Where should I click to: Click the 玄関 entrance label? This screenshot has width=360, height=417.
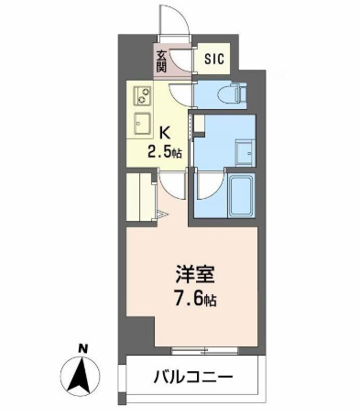161,61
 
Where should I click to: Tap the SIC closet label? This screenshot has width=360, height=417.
213,60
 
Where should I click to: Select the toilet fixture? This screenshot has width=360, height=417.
230,93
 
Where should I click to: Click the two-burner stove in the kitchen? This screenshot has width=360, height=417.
143,94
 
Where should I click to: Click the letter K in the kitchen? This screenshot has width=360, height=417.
167,131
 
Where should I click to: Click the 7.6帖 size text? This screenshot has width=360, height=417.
196,298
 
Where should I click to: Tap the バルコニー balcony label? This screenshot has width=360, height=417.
194,377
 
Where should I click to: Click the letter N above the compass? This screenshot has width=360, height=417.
82,347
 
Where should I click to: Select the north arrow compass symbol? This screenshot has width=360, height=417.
82,374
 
